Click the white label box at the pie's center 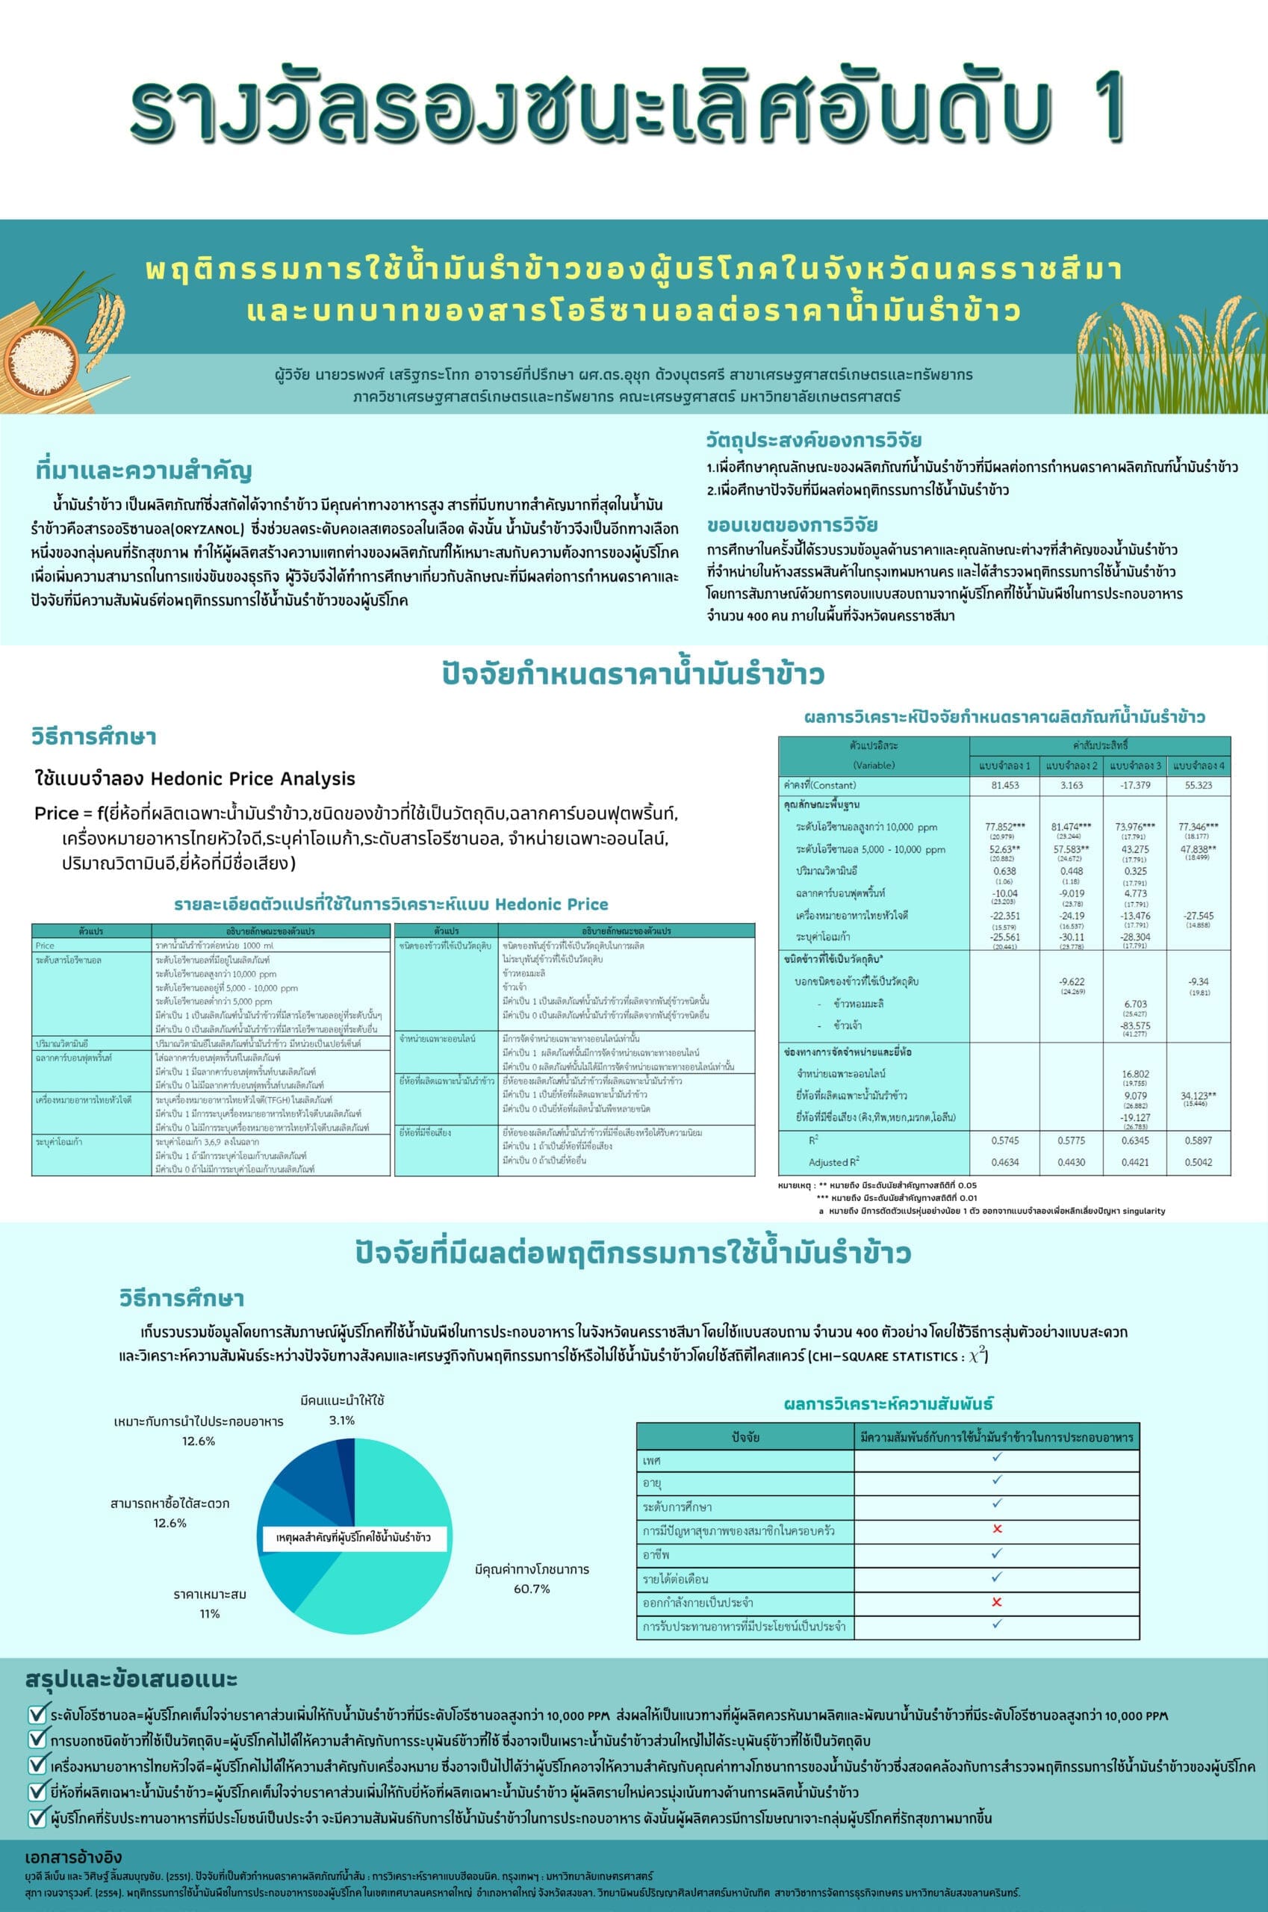click(x=353, y=1538)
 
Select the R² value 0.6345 click(x=1135, y=1140)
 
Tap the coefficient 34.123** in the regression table click(x=1198, y=1096)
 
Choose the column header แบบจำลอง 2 click(x=1071, y=765)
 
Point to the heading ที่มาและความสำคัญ click(x=144, y=471)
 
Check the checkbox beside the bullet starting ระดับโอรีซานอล click(x=37, y=1715)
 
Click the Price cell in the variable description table click(x=46, y=946)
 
